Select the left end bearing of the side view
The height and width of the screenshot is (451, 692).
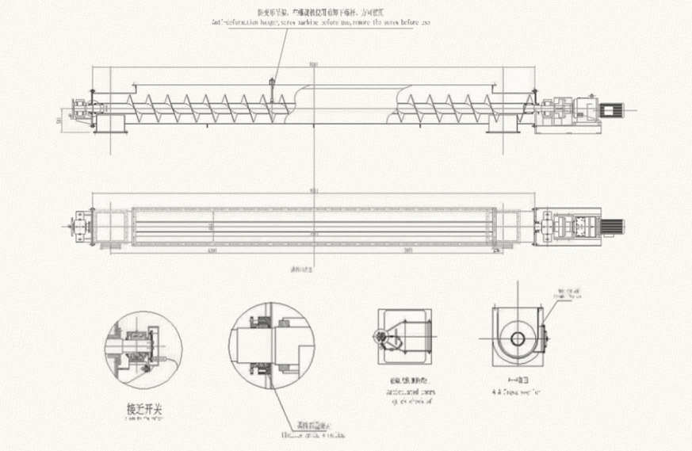(x=80, y=111)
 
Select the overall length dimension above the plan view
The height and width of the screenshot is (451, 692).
(x=315, y=189)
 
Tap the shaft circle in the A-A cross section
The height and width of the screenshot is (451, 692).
(x=517, y=338)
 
